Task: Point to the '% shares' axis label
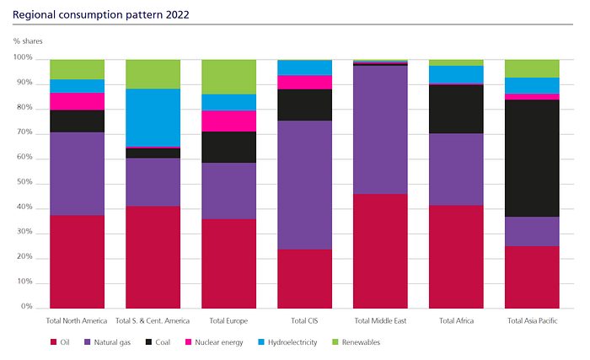(x=28, y=40)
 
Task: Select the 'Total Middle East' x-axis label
(x=380, y=321)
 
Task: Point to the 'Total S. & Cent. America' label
(x=153, y=321)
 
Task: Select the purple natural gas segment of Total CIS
(x=304, y=185)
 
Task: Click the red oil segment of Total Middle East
(x=380, y=250)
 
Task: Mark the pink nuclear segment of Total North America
(x=77, y=101)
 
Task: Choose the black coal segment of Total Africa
(x=456, y=109)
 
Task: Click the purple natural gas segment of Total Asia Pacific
(x=532, y=231)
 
